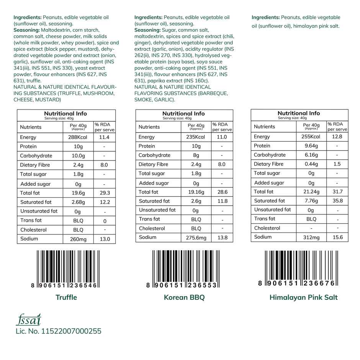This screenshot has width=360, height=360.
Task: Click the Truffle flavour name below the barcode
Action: point(66,297)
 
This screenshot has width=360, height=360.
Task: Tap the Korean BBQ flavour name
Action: point(184,297)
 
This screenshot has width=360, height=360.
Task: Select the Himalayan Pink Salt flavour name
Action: point(303,297)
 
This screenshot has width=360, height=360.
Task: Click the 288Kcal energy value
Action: point(78,137)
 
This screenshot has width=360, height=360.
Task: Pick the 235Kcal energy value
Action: point(195,137)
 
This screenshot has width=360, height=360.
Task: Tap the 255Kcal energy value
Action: point(311,136)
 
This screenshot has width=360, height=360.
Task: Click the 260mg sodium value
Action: point(78,239)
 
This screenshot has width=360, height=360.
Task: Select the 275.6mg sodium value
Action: point(195,237)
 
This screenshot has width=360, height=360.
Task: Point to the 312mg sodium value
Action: point(311,237)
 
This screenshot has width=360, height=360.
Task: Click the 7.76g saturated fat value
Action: point(311,200)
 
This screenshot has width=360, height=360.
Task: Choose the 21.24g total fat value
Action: point(311,191)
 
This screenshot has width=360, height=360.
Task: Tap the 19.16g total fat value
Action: point(195,192)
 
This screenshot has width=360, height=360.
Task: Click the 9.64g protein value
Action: point(311,146)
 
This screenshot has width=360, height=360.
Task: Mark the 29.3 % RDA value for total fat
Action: point(104,193)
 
